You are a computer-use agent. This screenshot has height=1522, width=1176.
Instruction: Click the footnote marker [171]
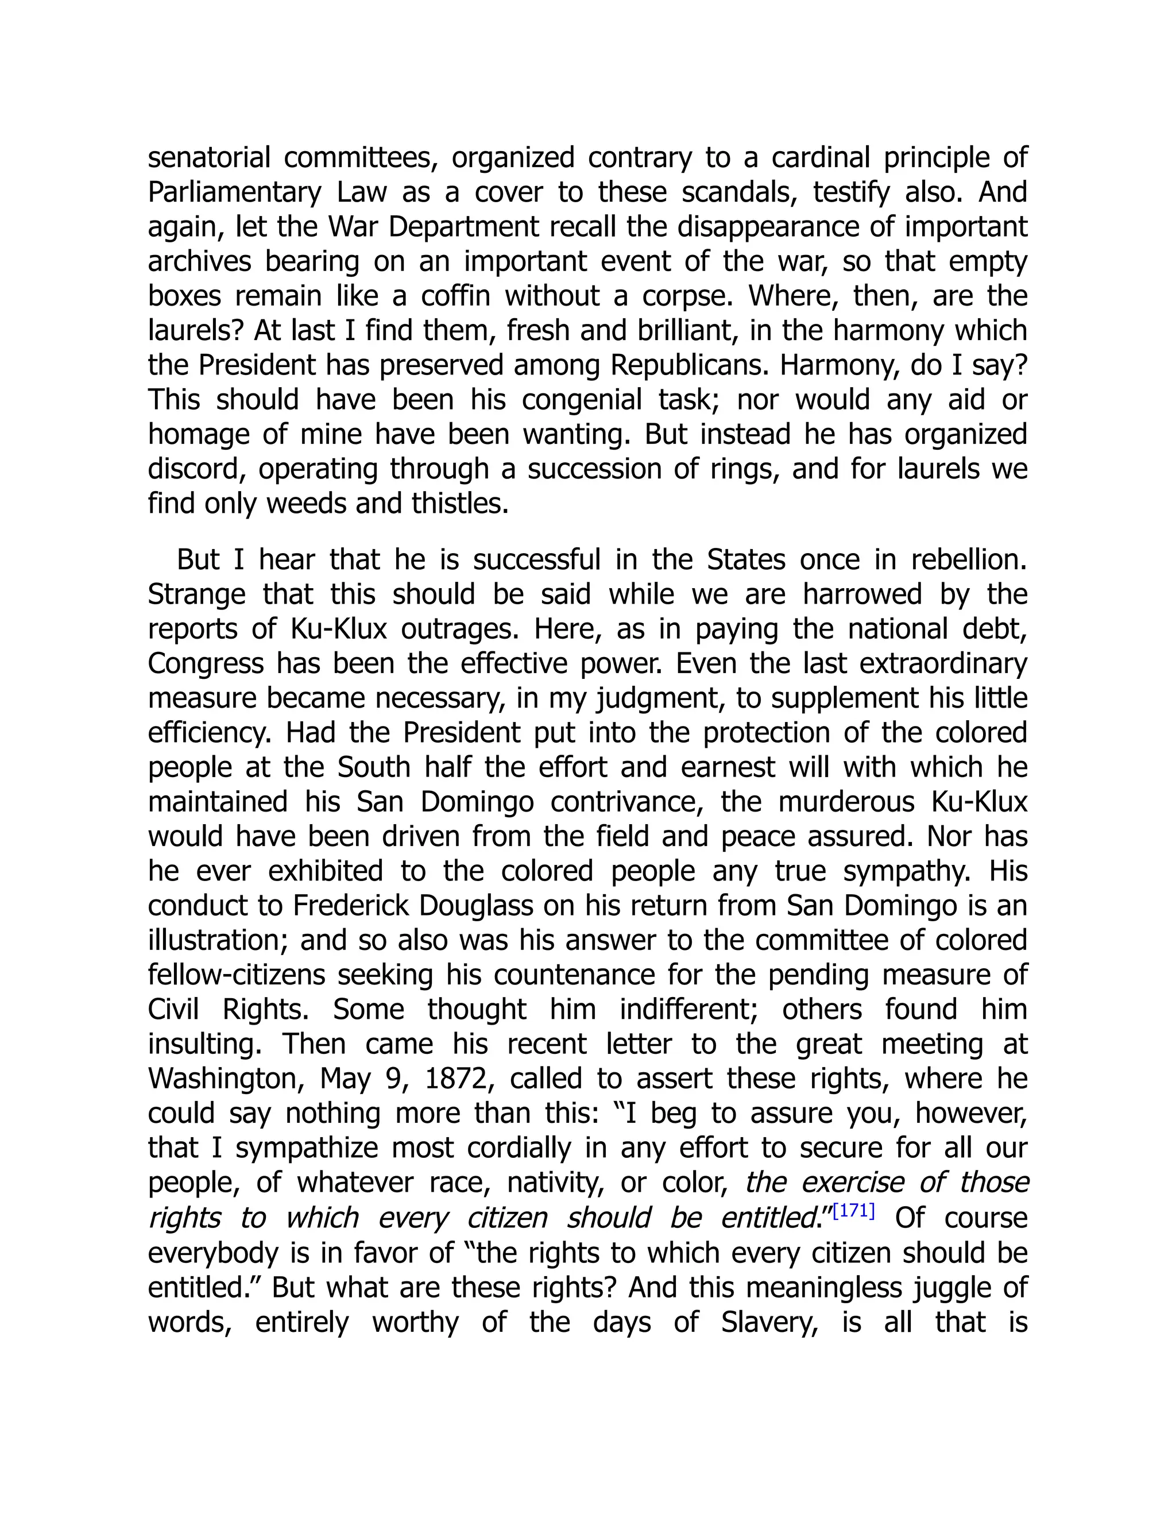pos(853,1211)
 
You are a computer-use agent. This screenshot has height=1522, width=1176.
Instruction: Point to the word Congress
pos(206,664)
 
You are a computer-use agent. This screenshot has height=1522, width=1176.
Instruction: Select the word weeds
pos(307,504)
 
